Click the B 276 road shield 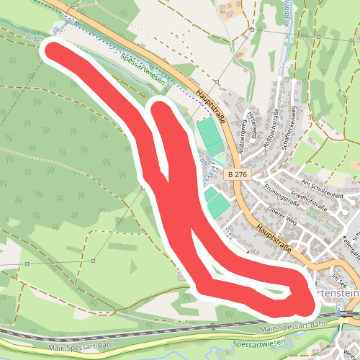pyautogui.click(x=235, y=174)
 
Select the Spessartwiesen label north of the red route pyautogui.click(x=143, y=71)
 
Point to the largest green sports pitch pyautogui.click(x=207, y=136)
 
